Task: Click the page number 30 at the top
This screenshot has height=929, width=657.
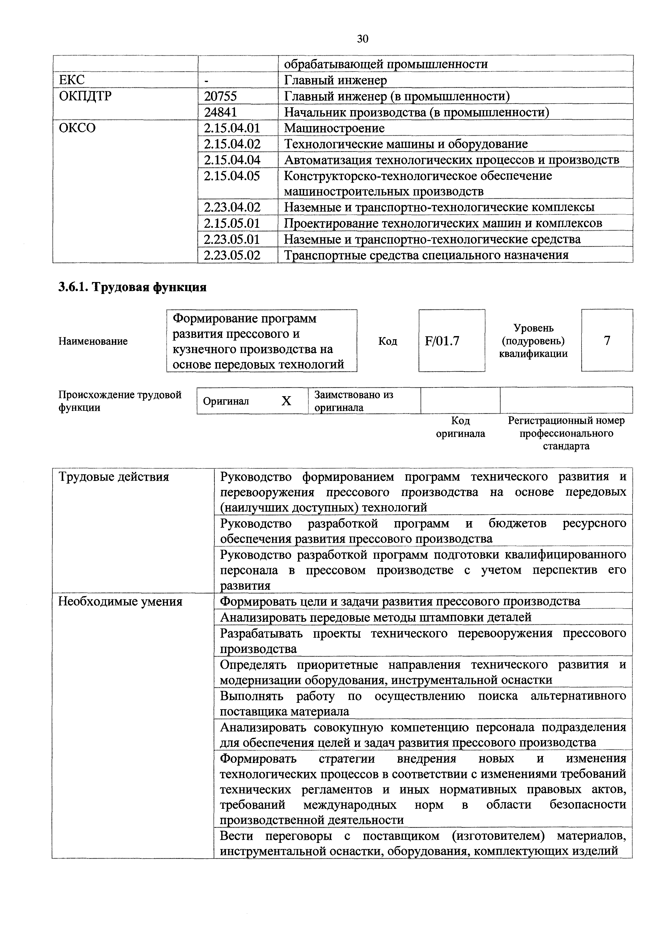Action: pyautogui.click(x=362, y=39)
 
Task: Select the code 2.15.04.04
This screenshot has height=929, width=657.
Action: pyautogui.click(x=232, y=160)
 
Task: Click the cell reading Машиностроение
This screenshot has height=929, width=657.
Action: pyautogui.click(x=334, y=128)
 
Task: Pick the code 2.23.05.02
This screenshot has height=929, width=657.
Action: pyautogui.click(x=232, y=255)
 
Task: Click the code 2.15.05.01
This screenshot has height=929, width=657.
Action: pyautogui.click(x=232, y=223)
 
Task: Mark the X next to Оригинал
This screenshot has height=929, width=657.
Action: pyautogui.click(x=286, y=401)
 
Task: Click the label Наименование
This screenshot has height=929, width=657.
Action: pyautogui.click(x=93, y=341)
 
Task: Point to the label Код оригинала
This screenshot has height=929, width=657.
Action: pyautogui.click(x=460, y=427)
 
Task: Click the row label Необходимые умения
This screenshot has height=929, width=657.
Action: pyautogui.click(x=120, y=602)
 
